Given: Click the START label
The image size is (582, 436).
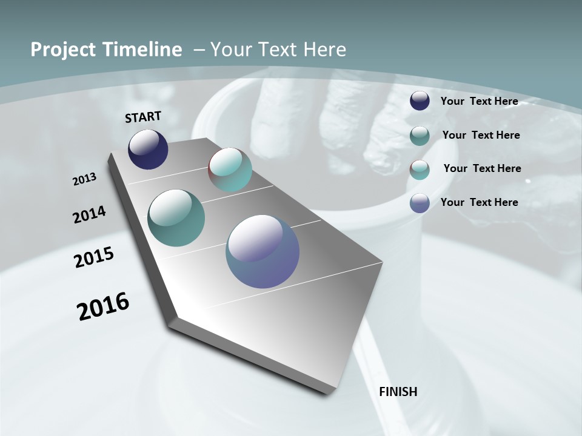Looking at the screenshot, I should point(143,117).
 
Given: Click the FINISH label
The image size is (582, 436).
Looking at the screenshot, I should point(398,392).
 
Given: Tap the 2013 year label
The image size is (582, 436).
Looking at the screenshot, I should point(84,179).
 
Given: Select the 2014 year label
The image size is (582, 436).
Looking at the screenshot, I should point(89,215).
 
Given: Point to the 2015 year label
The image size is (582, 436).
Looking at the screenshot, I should point(93,257).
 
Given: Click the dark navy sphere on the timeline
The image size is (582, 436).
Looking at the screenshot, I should point(148,149).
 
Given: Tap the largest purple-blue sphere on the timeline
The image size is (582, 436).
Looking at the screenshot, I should point(263,251).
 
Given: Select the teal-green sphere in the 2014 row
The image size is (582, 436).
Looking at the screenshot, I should point(176,218).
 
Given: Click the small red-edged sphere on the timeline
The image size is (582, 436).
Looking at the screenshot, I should point(230,170).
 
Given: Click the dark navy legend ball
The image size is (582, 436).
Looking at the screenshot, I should point(420,101).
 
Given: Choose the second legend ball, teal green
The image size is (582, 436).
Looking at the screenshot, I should point(420,136).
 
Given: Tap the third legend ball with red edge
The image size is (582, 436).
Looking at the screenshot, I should point(420,170).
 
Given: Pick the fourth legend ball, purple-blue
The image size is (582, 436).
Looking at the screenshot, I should point(420,203).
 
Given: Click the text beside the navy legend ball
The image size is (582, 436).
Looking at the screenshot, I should point(479,101).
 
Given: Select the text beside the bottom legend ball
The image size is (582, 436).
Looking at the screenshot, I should point(479,202).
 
